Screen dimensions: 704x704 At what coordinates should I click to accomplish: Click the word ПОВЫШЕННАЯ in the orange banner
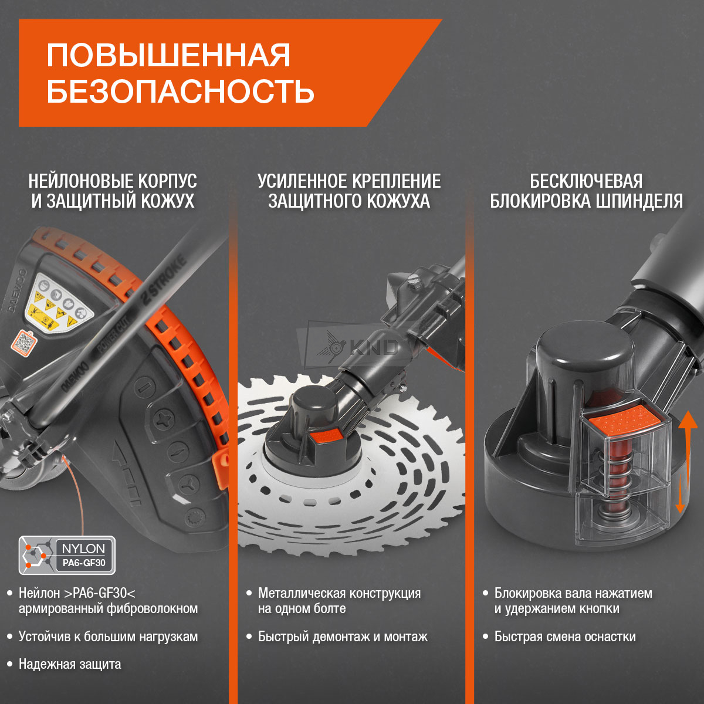pos(168,55)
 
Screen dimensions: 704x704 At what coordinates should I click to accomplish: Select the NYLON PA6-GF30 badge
pos(67,556)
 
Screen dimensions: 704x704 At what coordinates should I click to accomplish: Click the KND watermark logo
pos(357,347)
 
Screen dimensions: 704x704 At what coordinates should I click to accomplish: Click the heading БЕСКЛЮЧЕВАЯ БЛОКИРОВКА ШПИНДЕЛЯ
pos(586,191)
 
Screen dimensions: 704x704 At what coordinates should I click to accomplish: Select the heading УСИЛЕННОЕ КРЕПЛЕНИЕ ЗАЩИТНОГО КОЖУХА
pos(349,191)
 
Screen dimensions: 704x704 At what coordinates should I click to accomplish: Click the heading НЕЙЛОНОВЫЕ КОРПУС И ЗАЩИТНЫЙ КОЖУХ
pos(113,191)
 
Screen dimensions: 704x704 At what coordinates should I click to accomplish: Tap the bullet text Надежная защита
pos(70,664)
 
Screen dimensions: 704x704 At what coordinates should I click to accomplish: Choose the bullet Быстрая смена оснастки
pos(565,637)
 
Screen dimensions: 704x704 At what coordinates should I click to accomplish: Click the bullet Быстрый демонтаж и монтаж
pos(343,637)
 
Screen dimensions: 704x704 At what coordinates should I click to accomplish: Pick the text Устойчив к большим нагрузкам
pos(108,637)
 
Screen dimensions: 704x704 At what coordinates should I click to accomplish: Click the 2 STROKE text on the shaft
pos(164,280)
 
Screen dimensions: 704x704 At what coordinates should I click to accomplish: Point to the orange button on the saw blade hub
pos(326,436)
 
